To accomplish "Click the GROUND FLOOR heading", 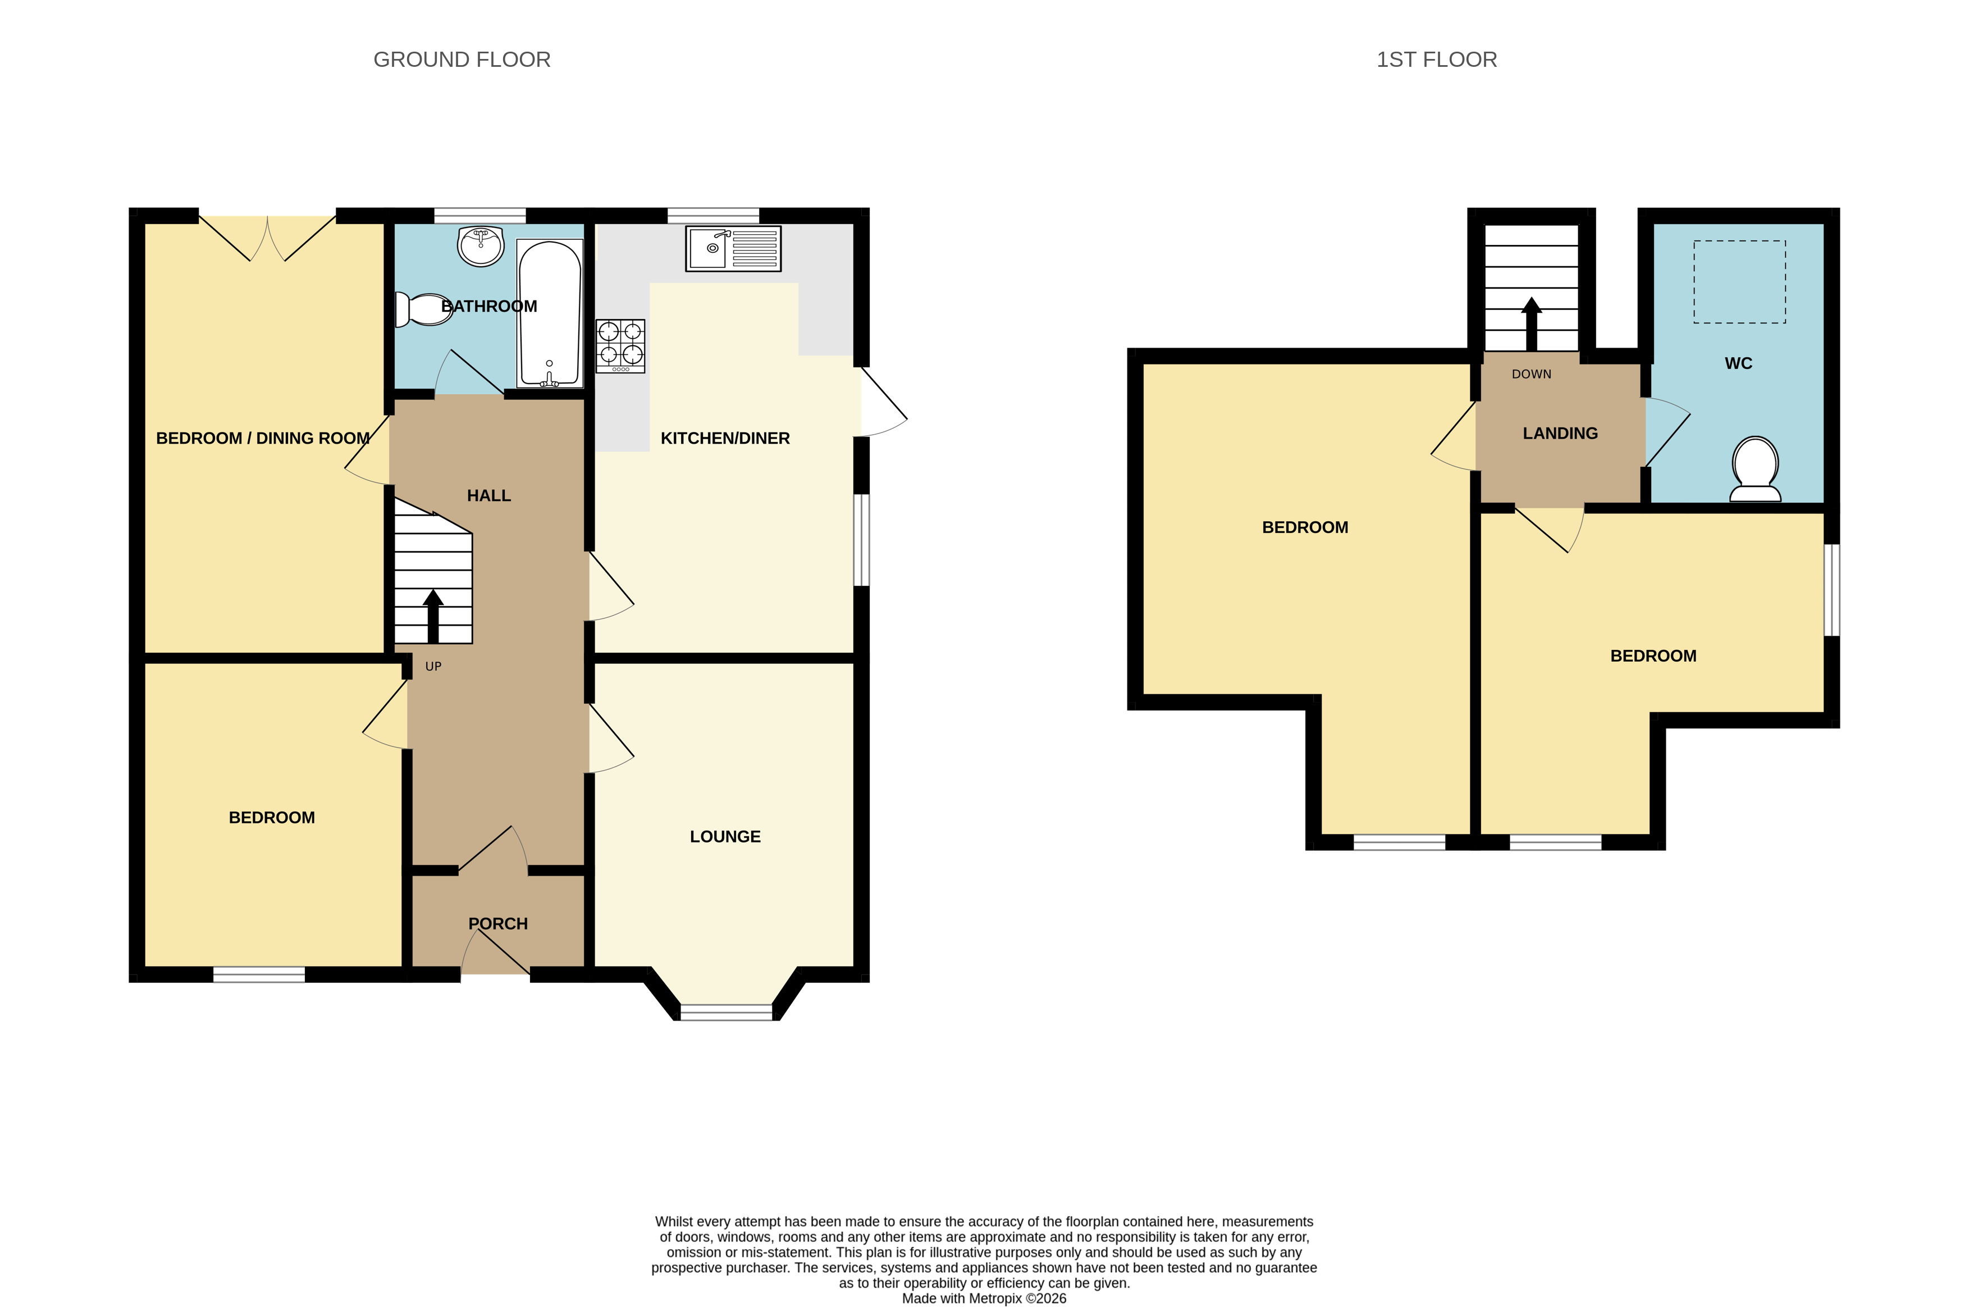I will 462,60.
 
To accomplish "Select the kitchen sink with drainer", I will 733,248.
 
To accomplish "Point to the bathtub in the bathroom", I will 549,314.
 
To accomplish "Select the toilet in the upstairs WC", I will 1755,468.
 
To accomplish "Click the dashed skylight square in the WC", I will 1739,282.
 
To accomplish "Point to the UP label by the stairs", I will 433,666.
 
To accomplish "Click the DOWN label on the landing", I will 1531,374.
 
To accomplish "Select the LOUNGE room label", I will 725,836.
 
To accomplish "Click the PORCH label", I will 497,923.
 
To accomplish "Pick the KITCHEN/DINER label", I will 725,439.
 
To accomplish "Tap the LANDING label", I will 1560,434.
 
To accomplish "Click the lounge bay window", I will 726,1012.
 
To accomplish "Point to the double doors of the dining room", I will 267,238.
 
